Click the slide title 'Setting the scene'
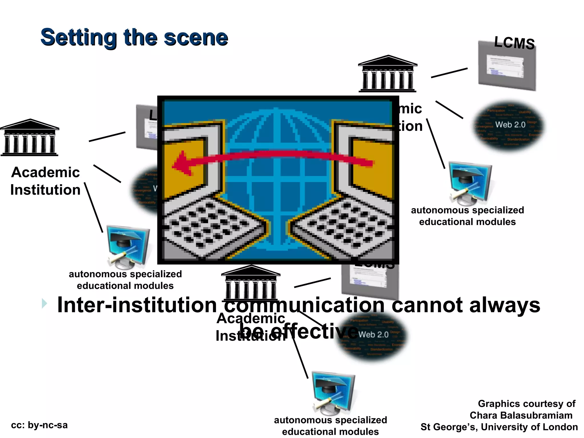coord(134,37)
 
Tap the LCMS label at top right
coord(514,43)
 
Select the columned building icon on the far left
coord(29,137)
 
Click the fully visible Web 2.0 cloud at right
coord(509,125)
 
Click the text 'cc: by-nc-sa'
coord(39,425)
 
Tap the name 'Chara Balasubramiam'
coord(521,415)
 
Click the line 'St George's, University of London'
coord(499,427)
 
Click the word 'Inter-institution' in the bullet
coord(137,305)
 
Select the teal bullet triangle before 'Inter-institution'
coord(44,303)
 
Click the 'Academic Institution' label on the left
coord(45,181)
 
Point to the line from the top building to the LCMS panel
coord(449,73)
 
